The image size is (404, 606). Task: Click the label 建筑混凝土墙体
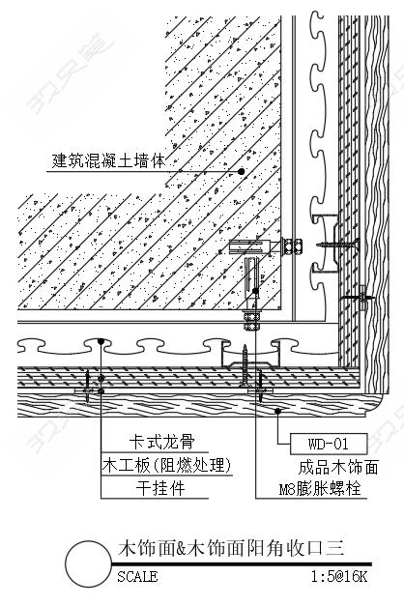click(x=108, y=160)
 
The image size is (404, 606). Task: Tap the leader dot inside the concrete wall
click(x=242, y=171)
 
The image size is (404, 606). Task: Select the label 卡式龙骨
click(x=161, y=442)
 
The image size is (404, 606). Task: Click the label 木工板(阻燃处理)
click(x=167, y=465)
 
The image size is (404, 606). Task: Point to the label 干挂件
click(x=160, y=488)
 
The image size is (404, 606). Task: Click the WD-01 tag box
click(x=329, y=444)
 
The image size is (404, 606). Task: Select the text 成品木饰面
click(x=338, y=467)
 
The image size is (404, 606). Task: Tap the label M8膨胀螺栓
click(x=320, y=489)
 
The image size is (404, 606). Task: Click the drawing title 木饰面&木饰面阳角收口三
click(x=231, y=548)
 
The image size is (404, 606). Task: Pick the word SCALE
click(x=137, y=577)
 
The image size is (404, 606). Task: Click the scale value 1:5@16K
click(x=339, y=577)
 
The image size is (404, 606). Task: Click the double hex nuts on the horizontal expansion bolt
click(x=292, y=245)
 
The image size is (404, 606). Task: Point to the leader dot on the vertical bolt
click(x=255, y=291)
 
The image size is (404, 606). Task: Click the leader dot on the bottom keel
click(x=101, y=341)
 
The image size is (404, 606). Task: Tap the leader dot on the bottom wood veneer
click(x=277, y=411)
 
